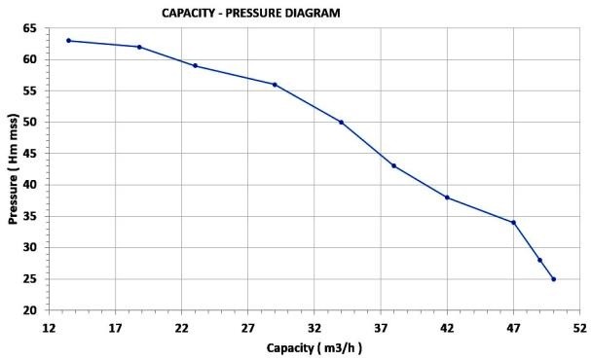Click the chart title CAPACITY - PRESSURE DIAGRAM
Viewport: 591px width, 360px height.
[251, 13]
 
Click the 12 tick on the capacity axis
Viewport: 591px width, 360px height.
[49, 328]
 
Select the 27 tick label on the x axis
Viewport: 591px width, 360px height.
[247, 328]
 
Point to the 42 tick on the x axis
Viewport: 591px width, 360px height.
[447, 328]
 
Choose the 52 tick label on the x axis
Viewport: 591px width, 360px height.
[579, 328]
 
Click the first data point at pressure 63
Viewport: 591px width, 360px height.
[68, 41]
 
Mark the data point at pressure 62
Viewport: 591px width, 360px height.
[139, 47]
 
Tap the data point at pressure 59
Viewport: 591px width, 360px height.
[195, 66]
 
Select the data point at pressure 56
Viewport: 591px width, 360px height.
[275, 85]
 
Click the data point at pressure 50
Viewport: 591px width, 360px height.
[341, 122]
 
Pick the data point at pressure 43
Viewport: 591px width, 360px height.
[393, 165]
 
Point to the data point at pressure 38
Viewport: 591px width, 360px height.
[447, 198]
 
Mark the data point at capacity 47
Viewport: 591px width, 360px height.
[513, 223]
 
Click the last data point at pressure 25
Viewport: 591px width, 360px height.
[553, 279]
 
